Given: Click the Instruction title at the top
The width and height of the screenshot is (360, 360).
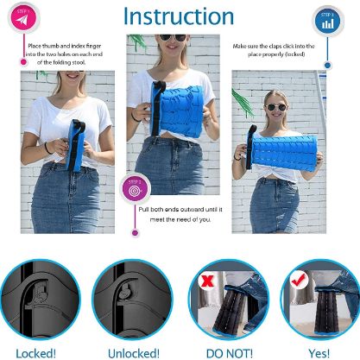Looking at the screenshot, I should pyautogui.click(x=179, y=16).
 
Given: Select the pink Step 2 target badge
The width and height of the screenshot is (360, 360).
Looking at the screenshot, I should pyautogui.click(x=136, y=186).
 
